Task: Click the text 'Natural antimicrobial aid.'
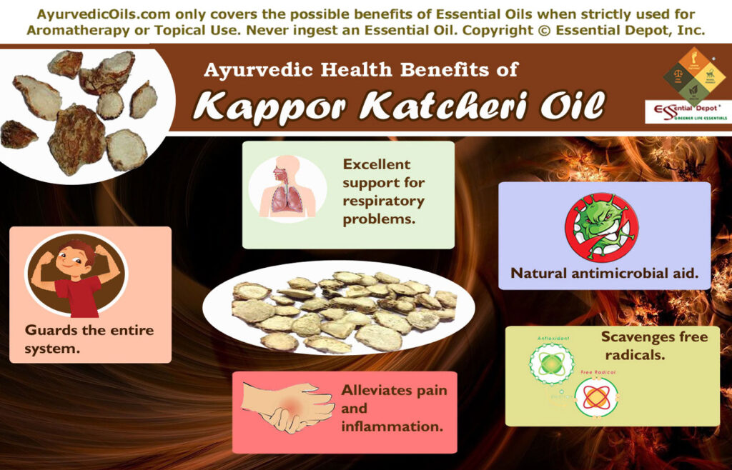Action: point(604,273)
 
